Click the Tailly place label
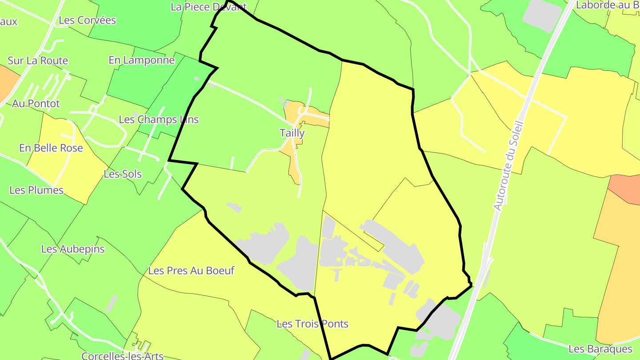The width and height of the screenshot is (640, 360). click(x=292, y=133)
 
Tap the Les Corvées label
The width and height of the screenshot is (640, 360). click(x=87, y=20)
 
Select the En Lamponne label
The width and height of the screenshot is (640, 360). click(x=141, y=60)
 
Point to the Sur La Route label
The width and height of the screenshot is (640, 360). click(x=38, y=60)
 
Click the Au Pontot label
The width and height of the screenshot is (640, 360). click(x=36, y=104)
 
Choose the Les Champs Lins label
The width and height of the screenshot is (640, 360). click(x=159, y=120)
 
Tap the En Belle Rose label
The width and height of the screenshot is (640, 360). click(x=51, y=148)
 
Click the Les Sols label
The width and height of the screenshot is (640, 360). click(x=123, y=174)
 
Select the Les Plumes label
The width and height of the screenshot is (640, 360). click(x=36, y=190)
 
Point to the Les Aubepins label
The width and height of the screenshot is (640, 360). click(x=73, y=249)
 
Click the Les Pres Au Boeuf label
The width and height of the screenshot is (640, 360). click(x=191, y=270)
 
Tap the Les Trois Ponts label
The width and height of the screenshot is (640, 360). click(x=312, y=324)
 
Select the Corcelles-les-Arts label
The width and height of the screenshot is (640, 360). click(x=123, y=356)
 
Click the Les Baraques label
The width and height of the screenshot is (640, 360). click(x=600, y=349)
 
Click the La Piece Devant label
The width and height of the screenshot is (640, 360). click(x=208, y=7)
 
